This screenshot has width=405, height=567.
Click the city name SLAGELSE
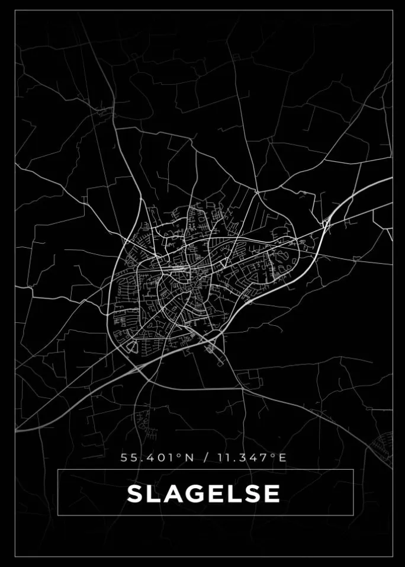(x=203, y=494)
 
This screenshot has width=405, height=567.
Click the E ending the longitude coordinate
(x=282, y=458)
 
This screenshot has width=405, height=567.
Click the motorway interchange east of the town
(x=326, y=224)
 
